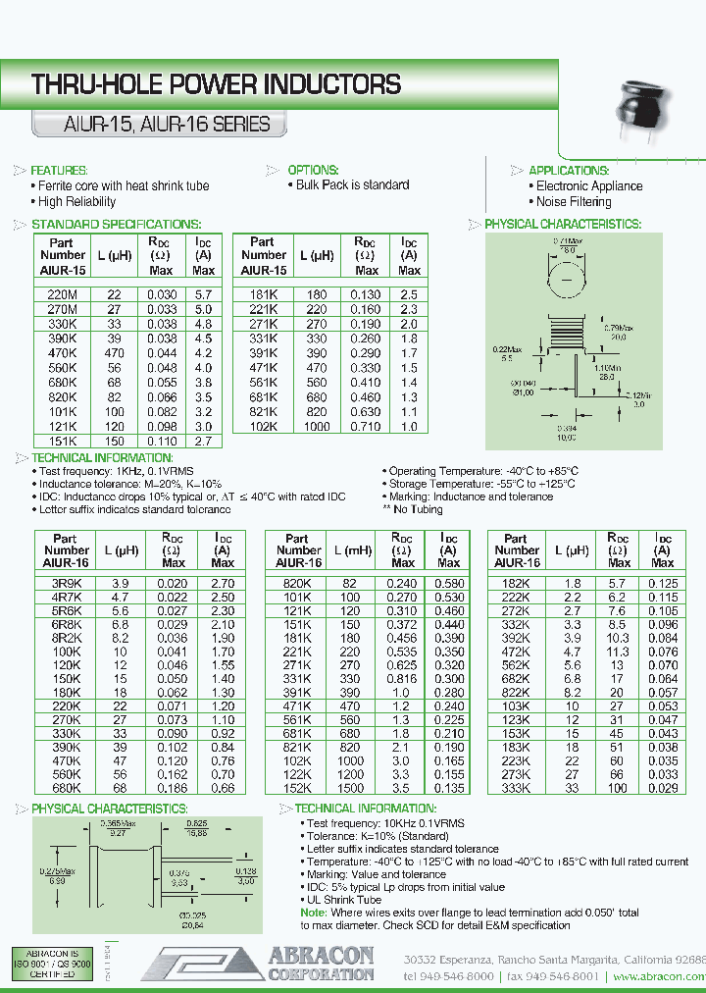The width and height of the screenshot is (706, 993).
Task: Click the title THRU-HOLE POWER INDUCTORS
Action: (x=216, y=84)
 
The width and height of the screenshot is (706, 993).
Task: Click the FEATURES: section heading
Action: (x=60, y=170)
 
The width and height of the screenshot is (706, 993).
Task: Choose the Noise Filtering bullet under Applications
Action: (x=574, y=202)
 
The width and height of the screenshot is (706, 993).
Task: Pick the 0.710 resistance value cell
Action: (x=367, y=428)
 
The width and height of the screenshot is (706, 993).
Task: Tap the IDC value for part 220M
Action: (x=203, y=293)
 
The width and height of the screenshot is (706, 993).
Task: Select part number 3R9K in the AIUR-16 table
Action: (x=65, y=583)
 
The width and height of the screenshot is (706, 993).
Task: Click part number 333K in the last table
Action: (x=516, y=788)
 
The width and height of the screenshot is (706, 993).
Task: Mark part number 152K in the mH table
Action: (x=297, y=788)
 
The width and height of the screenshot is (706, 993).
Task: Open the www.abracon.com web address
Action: (x=659, y=977)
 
